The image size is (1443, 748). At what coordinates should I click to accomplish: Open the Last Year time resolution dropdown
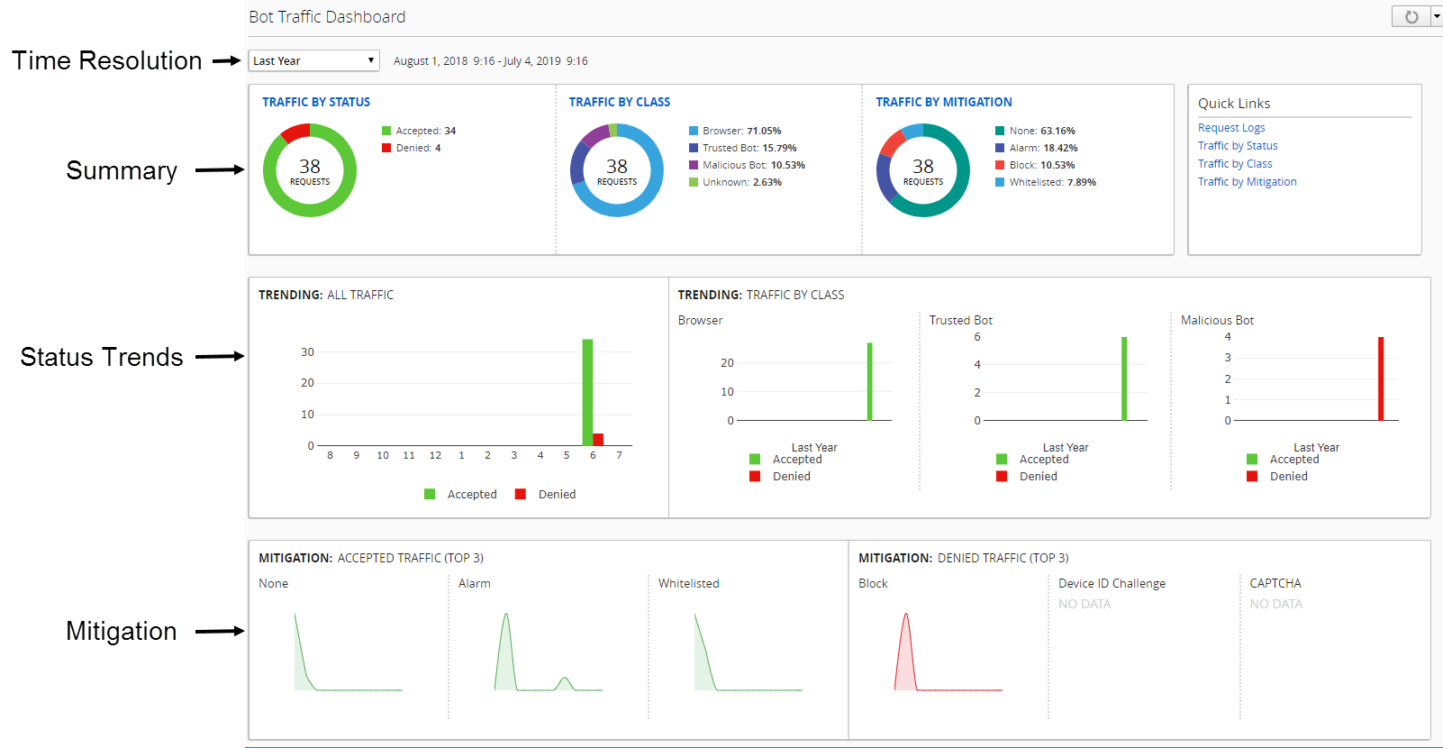click(313, 60)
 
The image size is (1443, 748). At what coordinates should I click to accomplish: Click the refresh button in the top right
click(1411, 17)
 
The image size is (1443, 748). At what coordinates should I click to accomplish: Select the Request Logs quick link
click(1231, 128)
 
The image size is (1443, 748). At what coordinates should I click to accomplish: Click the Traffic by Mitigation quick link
click(1247, 182)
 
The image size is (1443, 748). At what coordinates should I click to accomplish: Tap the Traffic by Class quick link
click(1235, 164)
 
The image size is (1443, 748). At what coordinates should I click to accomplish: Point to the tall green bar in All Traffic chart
click(587, 391)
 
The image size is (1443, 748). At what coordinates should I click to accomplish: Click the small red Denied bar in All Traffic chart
click(598, 440)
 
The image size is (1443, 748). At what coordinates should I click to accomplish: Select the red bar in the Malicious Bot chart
click(1381, 379)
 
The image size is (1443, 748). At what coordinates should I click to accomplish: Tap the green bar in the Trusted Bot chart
click(1124, 379)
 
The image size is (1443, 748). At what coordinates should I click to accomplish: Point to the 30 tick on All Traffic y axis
click(307, 352)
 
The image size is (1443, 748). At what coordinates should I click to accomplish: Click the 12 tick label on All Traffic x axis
click(435, 456)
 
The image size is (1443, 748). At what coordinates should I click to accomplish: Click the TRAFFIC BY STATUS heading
click(316, 102)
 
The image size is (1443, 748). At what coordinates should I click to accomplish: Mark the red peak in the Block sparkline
click(906, 616)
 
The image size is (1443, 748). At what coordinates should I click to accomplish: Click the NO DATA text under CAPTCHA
click(1275, 604)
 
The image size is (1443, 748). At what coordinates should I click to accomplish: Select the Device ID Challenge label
click(1112, 584)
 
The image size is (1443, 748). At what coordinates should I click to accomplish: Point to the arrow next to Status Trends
click(220, 357)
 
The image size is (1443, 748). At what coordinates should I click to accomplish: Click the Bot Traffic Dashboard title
click(327, 17)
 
